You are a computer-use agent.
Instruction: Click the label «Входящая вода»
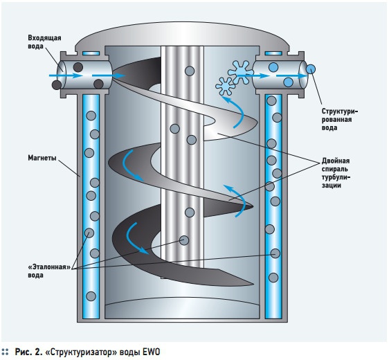(44, 42)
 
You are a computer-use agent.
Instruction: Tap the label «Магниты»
(42, 158)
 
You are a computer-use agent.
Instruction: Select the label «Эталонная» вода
(49, 271)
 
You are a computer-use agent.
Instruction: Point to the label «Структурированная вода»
(340, 119)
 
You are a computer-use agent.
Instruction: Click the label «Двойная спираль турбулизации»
(336, 173)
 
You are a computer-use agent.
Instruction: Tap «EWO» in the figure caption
(152, 352)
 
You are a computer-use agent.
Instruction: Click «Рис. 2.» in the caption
(28, 352)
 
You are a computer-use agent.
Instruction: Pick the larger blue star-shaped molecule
(241, 72)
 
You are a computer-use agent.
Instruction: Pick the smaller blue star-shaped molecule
(225, 86)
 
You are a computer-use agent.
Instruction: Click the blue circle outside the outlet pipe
(311, 69)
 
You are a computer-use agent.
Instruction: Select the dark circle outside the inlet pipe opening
(57, 85)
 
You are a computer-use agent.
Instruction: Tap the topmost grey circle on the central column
(190, 71)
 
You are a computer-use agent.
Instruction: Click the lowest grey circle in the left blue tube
(91, 296)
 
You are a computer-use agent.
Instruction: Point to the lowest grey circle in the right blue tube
(273, 278)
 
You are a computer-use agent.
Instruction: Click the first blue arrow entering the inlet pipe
(66, 75)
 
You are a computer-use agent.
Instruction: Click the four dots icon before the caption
(6, 352)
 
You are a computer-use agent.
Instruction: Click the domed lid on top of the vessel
(182, 35)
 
